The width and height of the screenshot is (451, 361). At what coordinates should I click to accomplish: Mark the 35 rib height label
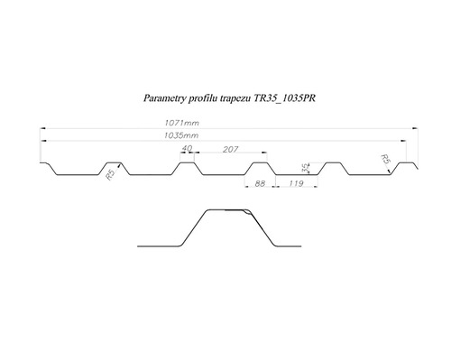coord(304,169)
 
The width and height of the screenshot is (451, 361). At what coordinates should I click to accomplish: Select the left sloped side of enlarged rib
coord(192,227)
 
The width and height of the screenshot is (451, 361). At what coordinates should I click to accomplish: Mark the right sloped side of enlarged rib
coord(264,227)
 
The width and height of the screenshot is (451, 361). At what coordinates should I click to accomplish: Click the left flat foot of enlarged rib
coord(158,245)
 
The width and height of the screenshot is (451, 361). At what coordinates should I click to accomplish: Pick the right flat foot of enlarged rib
coord(288,245)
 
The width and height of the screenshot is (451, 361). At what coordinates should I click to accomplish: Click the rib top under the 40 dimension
coord(187,163)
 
